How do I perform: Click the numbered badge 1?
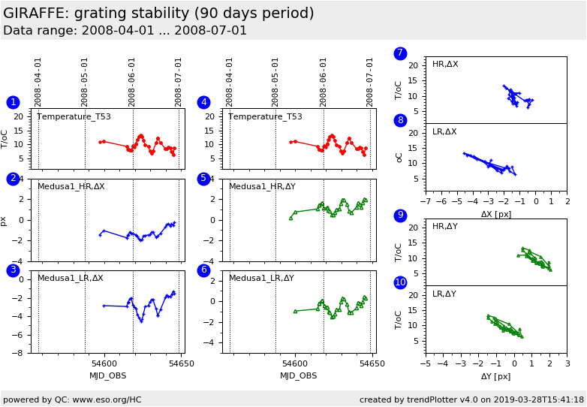(13, 103)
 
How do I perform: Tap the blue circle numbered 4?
(203, 103)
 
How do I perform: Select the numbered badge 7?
(400, 53)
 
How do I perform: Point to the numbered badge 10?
(400, 282)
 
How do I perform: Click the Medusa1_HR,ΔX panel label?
(71, 187)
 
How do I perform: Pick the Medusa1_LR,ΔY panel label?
(261, 278)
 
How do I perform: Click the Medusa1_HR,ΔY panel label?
(261, 187)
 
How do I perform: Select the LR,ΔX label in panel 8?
(444, 132)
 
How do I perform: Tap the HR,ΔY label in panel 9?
(444, 227)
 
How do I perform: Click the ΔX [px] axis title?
(495, 214)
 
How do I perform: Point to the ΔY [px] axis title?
(495, 376)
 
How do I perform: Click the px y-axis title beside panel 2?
(5, 221)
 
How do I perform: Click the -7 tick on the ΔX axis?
(426, 201)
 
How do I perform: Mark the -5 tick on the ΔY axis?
(426, 364)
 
